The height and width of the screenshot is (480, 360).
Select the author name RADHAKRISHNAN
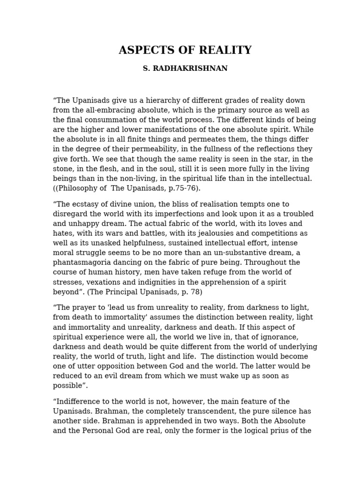pos(191,68)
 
